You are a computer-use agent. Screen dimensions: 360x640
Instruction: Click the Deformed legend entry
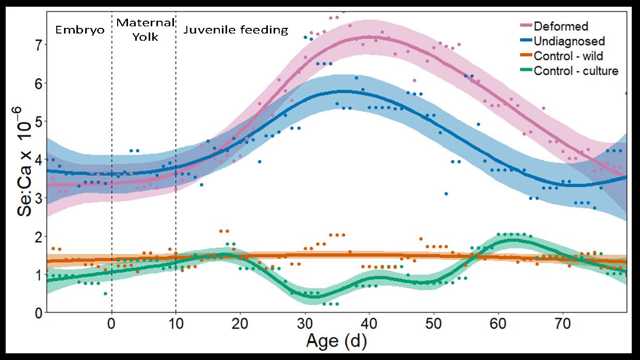561,26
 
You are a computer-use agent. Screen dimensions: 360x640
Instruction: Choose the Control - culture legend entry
575,71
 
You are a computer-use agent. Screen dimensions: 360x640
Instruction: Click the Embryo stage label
80,30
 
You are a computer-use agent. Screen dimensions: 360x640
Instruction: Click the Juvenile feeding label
235,30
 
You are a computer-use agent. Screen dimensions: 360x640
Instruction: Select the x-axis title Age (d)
336,341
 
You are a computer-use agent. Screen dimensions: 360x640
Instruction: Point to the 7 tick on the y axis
37,44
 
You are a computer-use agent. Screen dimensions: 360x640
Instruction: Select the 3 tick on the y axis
37,198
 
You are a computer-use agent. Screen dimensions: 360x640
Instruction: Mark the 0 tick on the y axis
37,313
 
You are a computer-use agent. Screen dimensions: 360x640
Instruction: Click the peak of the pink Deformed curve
369,37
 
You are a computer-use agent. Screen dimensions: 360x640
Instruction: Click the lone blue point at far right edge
626,93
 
